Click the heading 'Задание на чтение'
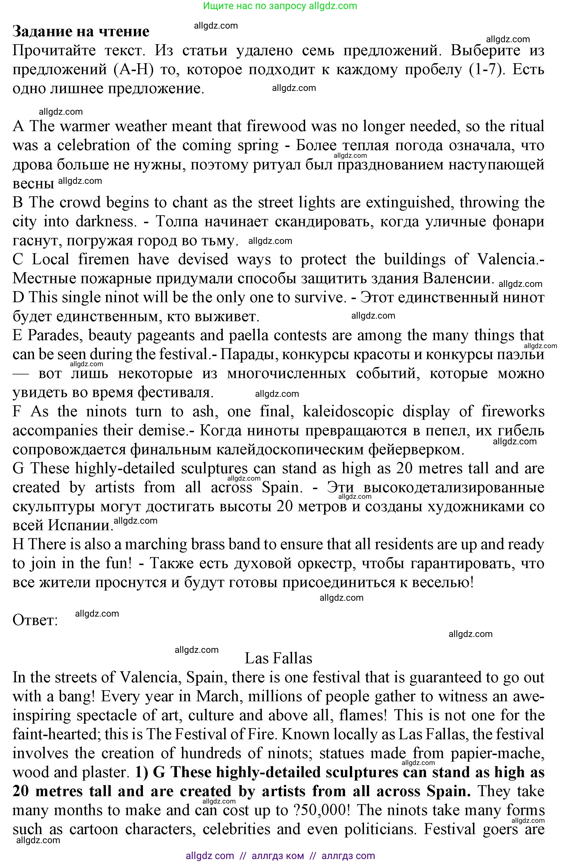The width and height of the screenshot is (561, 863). click(x=81, y=31)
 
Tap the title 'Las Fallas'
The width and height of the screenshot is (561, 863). click(x=278, y=658)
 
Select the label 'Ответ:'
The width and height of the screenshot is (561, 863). click(x=35, y=620)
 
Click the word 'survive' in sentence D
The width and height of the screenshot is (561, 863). click(x=318, y=297)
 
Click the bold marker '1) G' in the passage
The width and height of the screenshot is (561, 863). click(x=150, y=772)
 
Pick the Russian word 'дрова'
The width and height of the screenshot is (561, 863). click(x=30, y=164)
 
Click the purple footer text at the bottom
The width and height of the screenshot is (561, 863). click(x=280, y=856)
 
